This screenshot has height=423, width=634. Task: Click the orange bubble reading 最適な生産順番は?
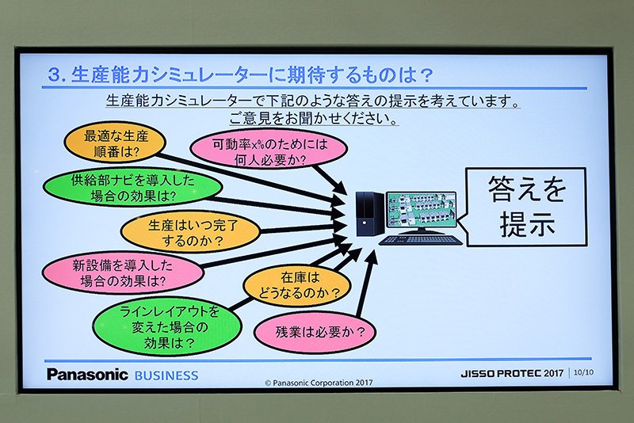[x=115, y=143]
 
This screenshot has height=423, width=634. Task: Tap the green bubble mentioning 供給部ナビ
[x=132, y=187]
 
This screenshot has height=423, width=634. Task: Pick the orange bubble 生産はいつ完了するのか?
[x=191, y=232]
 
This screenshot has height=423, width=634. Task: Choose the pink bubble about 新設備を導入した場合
[x=123, y=273]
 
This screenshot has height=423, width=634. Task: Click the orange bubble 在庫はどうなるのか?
[x=297, y=285]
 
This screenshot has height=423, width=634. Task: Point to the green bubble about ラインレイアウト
[x=167, y=327]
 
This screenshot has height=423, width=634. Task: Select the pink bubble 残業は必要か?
[x=315, y=332]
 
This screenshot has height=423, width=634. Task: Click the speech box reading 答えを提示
[x=525, y=207]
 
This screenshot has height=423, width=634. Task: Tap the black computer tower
[x=369, y=214]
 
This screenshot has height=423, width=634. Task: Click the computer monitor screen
[x=421, y=209]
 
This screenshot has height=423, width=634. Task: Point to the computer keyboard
[x=422, y=240]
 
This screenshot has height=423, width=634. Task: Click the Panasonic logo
[x=87, y=375]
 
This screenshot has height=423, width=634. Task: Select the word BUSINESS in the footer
[x=166, y=375]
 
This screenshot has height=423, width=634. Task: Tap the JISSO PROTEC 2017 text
[x=512, y=373]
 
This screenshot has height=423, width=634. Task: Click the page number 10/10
[x=583, y=372]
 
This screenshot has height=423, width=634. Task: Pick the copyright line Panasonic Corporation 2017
[x=319, y=383]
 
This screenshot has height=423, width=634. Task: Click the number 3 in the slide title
[x=54, y=75]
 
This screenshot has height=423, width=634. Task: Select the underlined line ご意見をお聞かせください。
[x=313, y=119]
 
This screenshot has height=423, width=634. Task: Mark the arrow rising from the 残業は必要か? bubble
[x=366, y=283]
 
